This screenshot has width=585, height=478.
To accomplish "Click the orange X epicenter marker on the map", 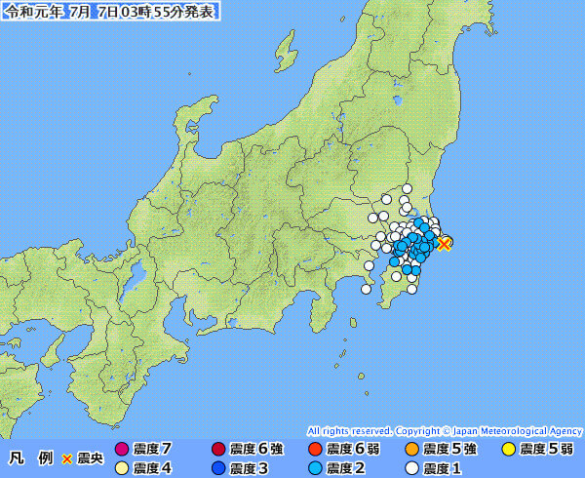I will (x=444, y=243).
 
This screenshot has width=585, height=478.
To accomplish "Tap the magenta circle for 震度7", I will (x=122, y=450).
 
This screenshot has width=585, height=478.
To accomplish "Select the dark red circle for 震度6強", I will (x=217, y=450).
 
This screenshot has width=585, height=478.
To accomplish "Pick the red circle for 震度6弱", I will (x=314, y=450).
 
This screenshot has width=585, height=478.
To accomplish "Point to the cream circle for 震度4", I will (x=122, y=468).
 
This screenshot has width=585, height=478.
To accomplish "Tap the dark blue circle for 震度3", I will (x=217, y=468).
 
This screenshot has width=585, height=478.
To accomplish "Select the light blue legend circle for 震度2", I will (x=314, y=468).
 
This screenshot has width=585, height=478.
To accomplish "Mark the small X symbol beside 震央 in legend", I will (x=67, y=458).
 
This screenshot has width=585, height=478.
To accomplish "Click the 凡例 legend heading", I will (x=31, y=458).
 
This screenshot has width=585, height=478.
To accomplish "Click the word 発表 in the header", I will (x=199, y=11).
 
